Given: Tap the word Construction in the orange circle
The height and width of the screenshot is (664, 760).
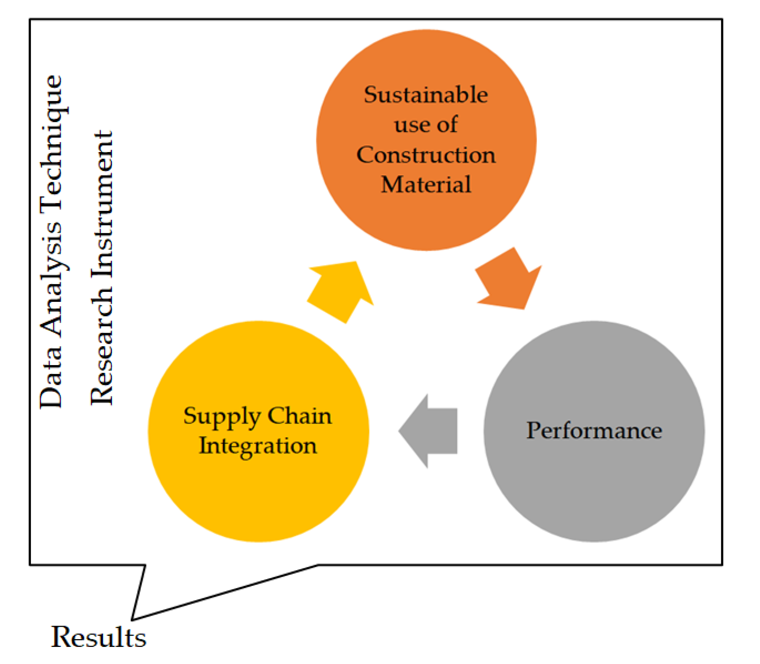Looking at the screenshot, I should [x=426, y=155].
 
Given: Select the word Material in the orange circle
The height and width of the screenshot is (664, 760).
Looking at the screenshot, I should [x=426, y=184].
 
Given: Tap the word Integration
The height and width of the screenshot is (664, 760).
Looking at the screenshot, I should [x=258, y=446].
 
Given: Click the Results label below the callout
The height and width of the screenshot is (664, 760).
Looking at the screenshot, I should [x=99, y=637].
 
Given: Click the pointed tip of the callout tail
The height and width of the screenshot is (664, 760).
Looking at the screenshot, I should [x=132, y=619].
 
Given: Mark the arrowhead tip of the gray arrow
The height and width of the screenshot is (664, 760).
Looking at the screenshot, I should [x=399, y=431].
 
